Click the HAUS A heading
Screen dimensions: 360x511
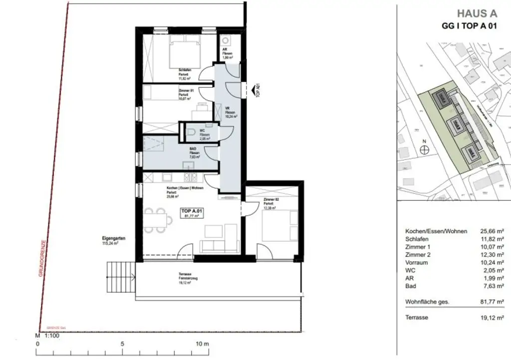coord(477,14)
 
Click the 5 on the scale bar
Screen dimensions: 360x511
coord(122,344)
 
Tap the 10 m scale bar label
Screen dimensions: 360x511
coord(202,344)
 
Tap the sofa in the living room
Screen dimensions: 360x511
coord(220,245)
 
